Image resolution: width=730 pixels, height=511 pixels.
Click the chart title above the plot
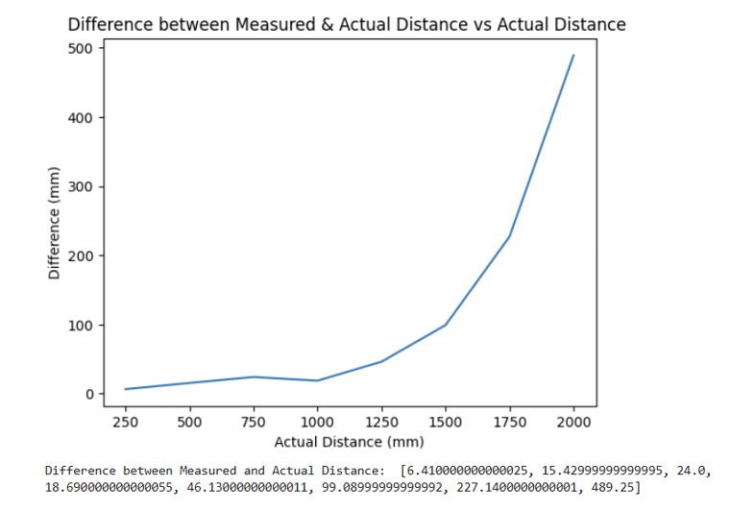click(346, 24)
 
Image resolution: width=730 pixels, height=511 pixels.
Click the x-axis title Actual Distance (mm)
click(349, 442)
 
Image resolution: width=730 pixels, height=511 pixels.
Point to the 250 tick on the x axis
click(126, 421)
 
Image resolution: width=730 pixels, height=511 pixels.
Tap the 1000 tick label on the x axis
click(318, 421)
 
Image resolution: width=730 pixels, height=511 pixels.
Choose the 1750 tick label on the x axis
click(509, 421)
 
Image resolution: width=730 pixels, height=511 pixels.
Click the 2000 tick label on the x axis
click(573, 421)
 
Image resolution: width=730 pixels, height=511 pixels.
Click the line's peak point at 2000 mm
click(573, 55)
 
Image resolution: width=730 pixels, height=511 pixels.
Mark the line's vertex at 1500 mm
click(446, 325)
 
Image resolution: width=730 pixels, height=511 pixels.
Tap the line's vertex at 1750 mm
click(509, 236)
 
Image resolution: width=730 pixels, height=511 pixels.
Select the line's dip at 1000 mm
click(318, 380)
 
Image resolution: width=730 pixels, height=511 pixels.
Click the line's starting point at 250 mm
click(126, 389)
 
